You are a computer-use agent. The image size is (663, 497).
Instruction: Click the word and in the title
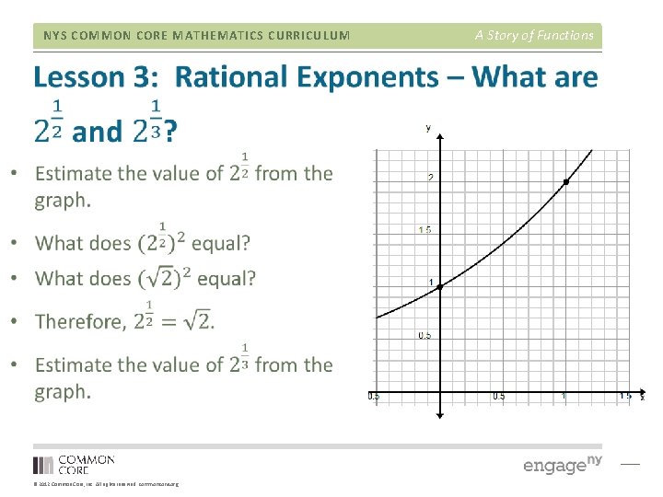point(96,133)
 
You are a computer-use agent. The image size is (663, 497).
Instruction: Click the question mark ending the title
point(171,133)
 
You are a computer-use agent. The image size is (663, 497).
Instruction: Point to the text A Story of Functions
point(534,35)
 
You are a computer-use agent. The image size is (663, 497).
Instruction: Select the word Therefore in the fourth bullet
point(81,321)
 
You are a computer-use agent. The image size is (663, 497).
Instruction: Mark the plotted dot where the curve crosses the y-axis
point(440,288)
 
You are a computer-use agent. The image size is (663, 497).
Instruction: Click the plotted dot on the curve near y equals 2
point(565,183)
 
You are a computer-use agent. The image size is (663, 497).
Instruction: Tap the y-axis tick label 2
point(430,177)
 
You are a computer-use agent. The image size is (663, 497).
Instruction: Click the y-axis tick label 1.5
point(425,229)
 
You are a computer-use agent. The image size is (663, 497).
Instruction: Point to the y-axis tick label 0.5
point(425,335)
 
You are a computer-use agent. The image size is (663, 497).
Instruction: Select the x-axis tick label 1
point(564,397)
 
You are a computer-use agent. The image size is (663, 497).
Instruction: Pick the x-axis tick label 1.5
point(625,397)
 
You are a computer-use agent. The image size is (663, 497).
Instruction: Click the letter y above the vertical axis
point(428,128)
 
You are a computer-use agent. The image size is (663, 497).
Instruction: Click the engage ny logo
point(562,464)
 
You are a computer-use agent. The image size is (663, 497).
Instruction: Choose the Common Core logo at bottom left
point(74,464)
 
